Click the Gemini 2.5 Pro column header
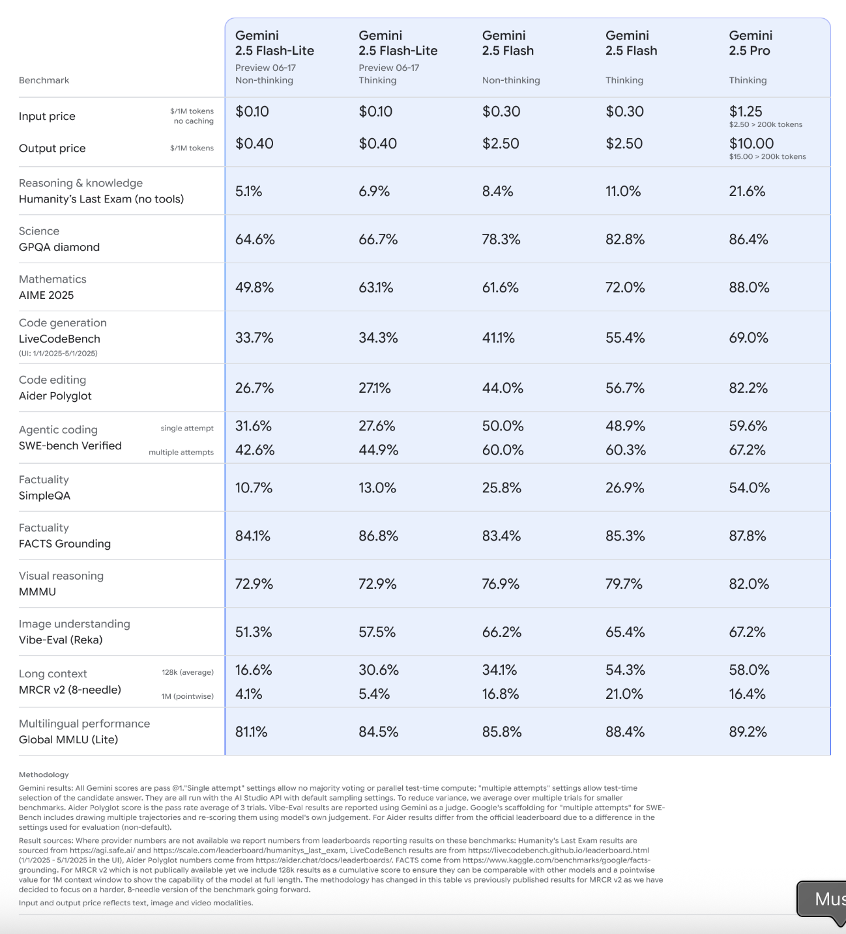(750, 43)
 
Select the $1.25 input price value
(746, 111)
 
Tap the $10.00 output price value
(751, 143)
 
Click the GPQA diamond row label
(59, 247)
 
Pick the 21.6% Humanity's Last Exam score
(747, 191)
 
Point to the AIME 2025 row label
(46, 295)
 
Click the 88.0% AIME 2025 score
(749, 287)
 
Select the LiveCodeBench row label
(59, 339)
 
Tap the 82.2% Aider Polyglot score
(748, 388)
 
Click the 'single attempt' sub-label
(187, 429)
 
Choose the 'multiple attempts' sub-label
(181, 452)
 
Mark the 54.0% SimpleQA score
(749, 487)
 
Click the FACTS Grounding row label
(65, 543)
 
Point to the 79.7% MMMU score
(624, 584)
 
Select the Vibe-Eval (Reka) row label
(61, 640)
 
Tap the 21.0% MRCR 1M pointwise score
(624, 694)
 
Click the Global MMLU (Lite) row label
(68, 739)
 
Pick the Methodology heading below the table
(44, 774)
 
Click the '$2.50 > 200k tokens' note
(766, 125)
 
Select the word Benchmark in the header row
(44, 80)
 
